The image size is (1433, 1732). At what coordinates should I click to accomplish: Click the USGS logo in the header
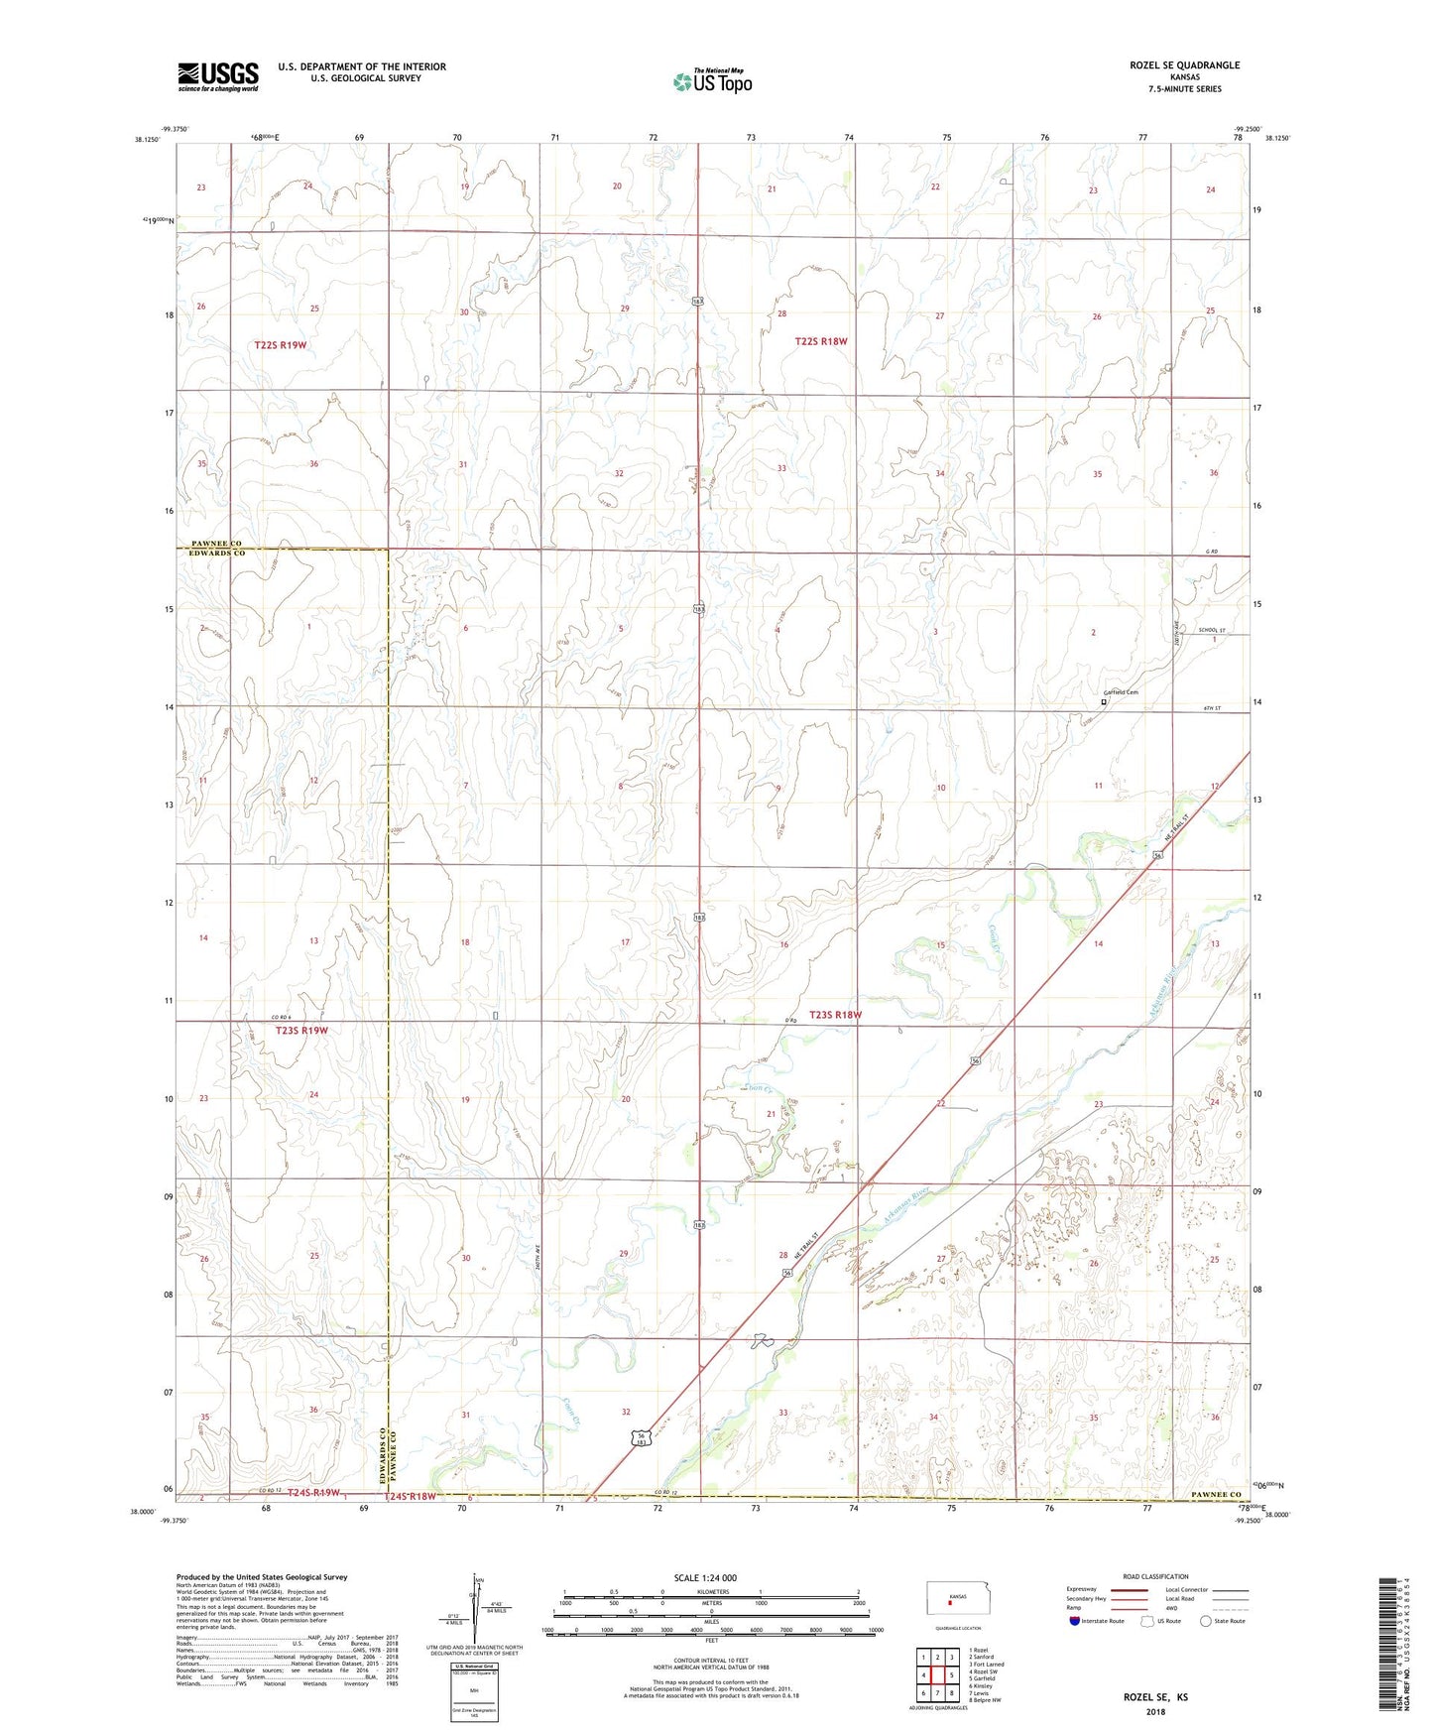pyautogui.click(x=217, y=75)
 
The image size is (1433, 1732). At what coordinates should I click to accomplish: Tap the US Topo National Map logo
pyautogui.click(x=711, y=81)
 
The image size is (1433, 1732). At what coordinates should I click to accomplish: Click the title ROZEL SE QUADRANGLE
pyautogui.click(x=1184, y=65)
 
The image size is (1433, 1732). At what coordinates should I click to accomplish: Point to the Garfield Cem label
pyautogui.click(x=1121, y=692)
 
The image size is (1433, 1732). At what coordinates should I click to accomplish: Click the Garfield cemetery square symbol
pyautogui.click(x=1104, y=701)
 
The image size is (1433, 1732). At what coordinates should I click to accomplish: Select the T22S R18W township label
pyautogui.click(x=821, y=341)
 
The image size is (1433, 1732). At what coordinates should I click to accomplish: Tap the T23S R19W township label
pyautogui.click(x=301, y=1031)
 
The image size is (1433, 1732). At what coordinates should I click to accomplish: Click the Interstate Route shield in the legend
pyautogui.click(x=1074, y=1621)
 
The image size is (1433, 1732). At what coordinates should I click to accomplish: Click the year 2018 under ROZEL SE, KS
pyautogui.click(x=1155, y=1711)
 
